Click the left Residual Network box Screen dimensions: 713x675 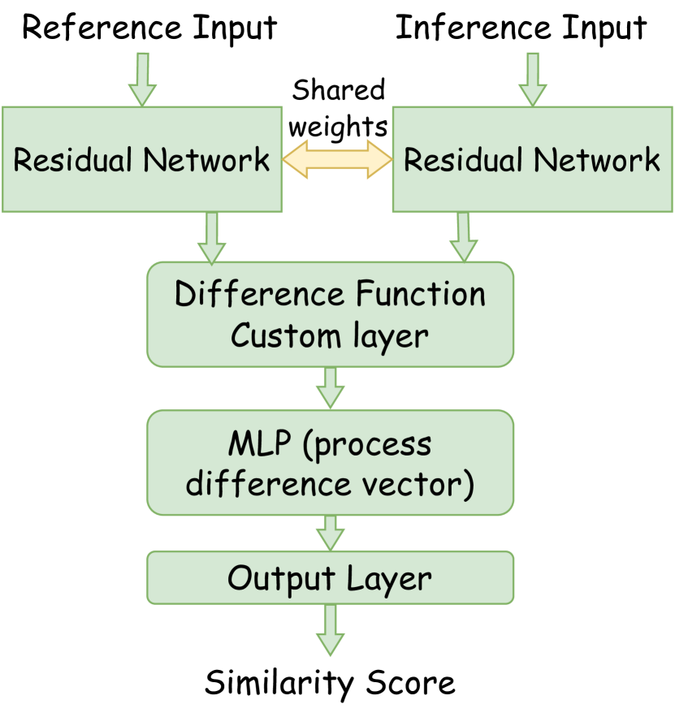tap(141, 160)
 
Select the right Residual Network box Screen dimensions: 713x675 tap(533, 160)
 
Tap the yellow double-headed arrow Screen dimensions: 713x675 tap(337, 159)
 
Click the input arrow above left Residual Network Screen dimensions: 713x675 tap(142, 79)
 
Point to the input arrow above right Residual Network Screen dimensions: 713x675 tap(533, 79)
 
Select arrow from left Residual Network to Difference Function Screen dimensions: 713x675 tap(211, 238)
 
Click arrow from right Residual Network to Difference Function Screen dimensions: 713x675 tap(464, 237)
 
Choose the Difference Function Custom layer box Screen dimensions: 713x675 tap(330, 313)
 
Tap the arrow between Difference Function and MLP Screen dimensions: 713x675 tap(330, 387)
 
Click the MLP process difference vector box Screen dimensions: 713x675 tap(330, 462)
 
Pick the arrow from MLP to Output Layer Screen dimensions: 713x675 tap(330, 533)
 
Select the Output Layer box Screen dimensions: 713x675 tap(330, 577)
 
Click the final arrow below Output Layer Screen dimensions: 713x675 tap(330, 629)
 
